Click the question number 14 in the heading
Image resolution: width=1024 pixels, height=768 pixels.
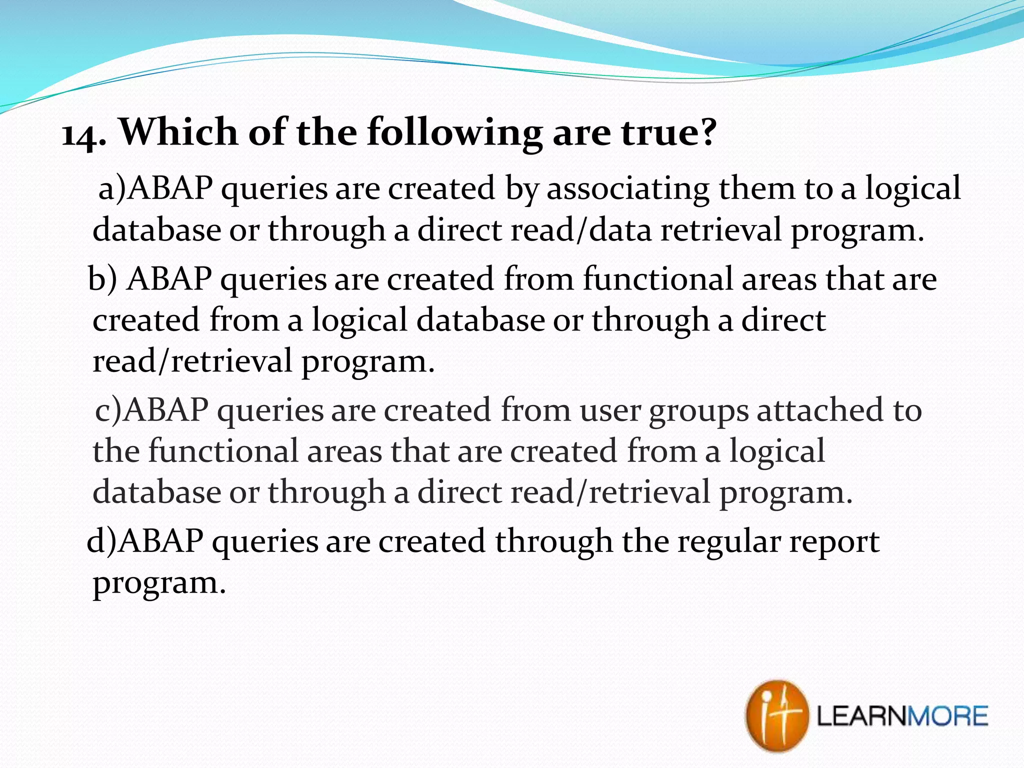pyautogui.click(x=80, y=134)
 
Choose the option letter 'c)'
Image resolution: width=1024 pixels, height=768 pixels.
pyautogui.click(x=107, y=410)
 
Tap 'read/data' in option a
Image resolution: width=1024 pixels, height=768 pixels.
pyautogui.click(x=581, y=230)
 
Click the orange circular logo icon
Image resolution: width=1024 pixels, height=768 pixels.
pyautogui.click(x=776, y=716)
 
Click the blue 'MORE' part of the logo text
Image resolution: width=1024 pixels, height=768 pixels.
pyautogui.click(x=946, y=716)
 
